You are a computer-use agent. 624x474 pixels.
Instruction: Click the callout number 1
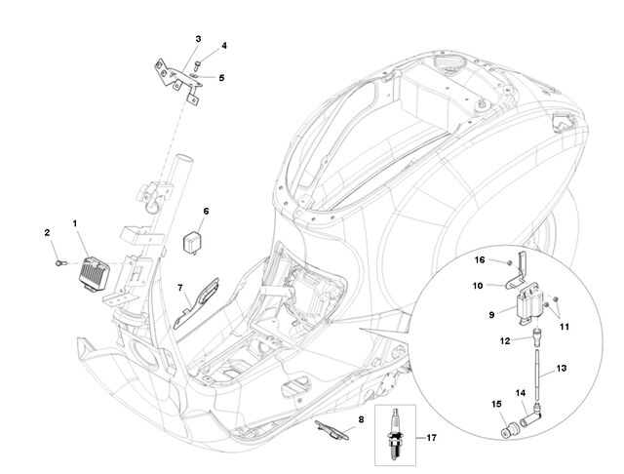[x=74, y=224]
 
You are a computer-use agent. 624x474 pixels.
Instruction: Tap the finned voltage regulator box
[x=94, y=273]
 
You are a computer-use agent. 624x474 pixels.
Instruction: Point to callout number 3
[x=198, y=39]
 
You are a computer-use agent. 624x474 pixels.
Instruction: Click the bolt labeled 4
[x=197, y=63]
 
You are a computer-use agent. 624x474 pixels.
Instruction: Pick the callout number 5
[x=221, y=78]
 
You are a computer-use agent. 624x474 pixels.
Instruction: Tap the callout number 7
[x=180, y=288]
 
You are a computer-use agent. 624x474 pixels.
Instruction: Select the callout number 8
[x=361, y=419]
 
